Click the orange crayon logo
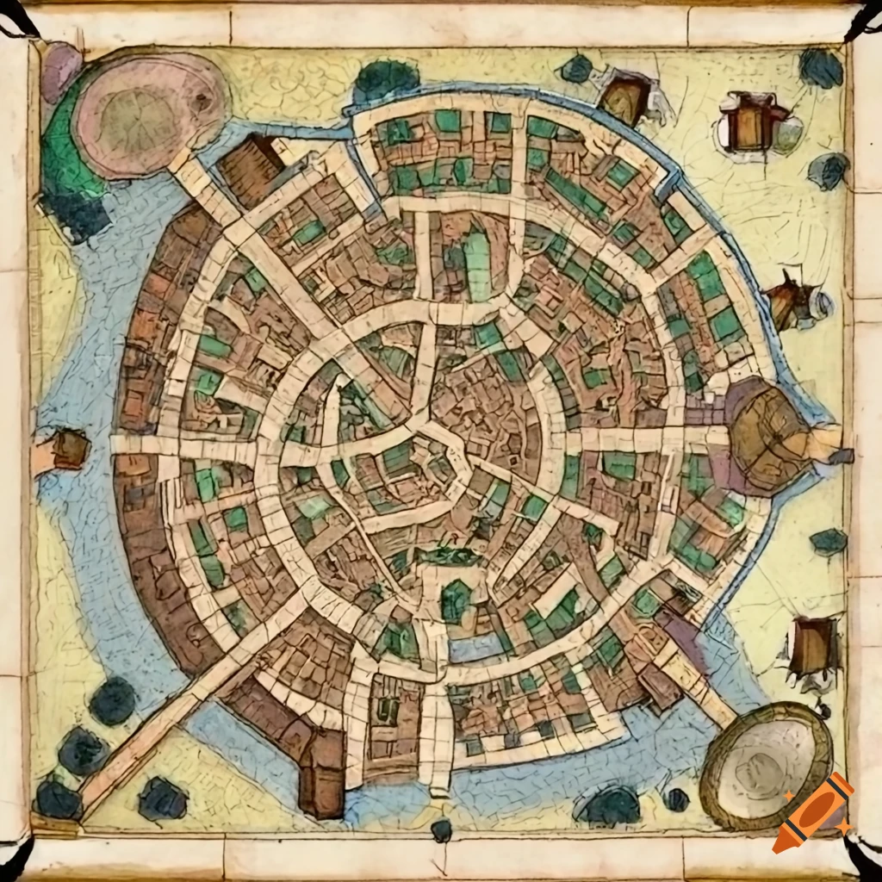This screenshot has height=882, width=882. [812, 813]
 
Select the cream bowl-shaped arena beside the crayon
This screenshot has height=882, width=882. [766, 762]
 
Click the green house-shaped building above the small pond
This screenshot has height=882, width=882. [456, 600]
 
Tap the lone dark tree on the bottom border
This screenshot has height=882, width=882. [441, 829]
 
